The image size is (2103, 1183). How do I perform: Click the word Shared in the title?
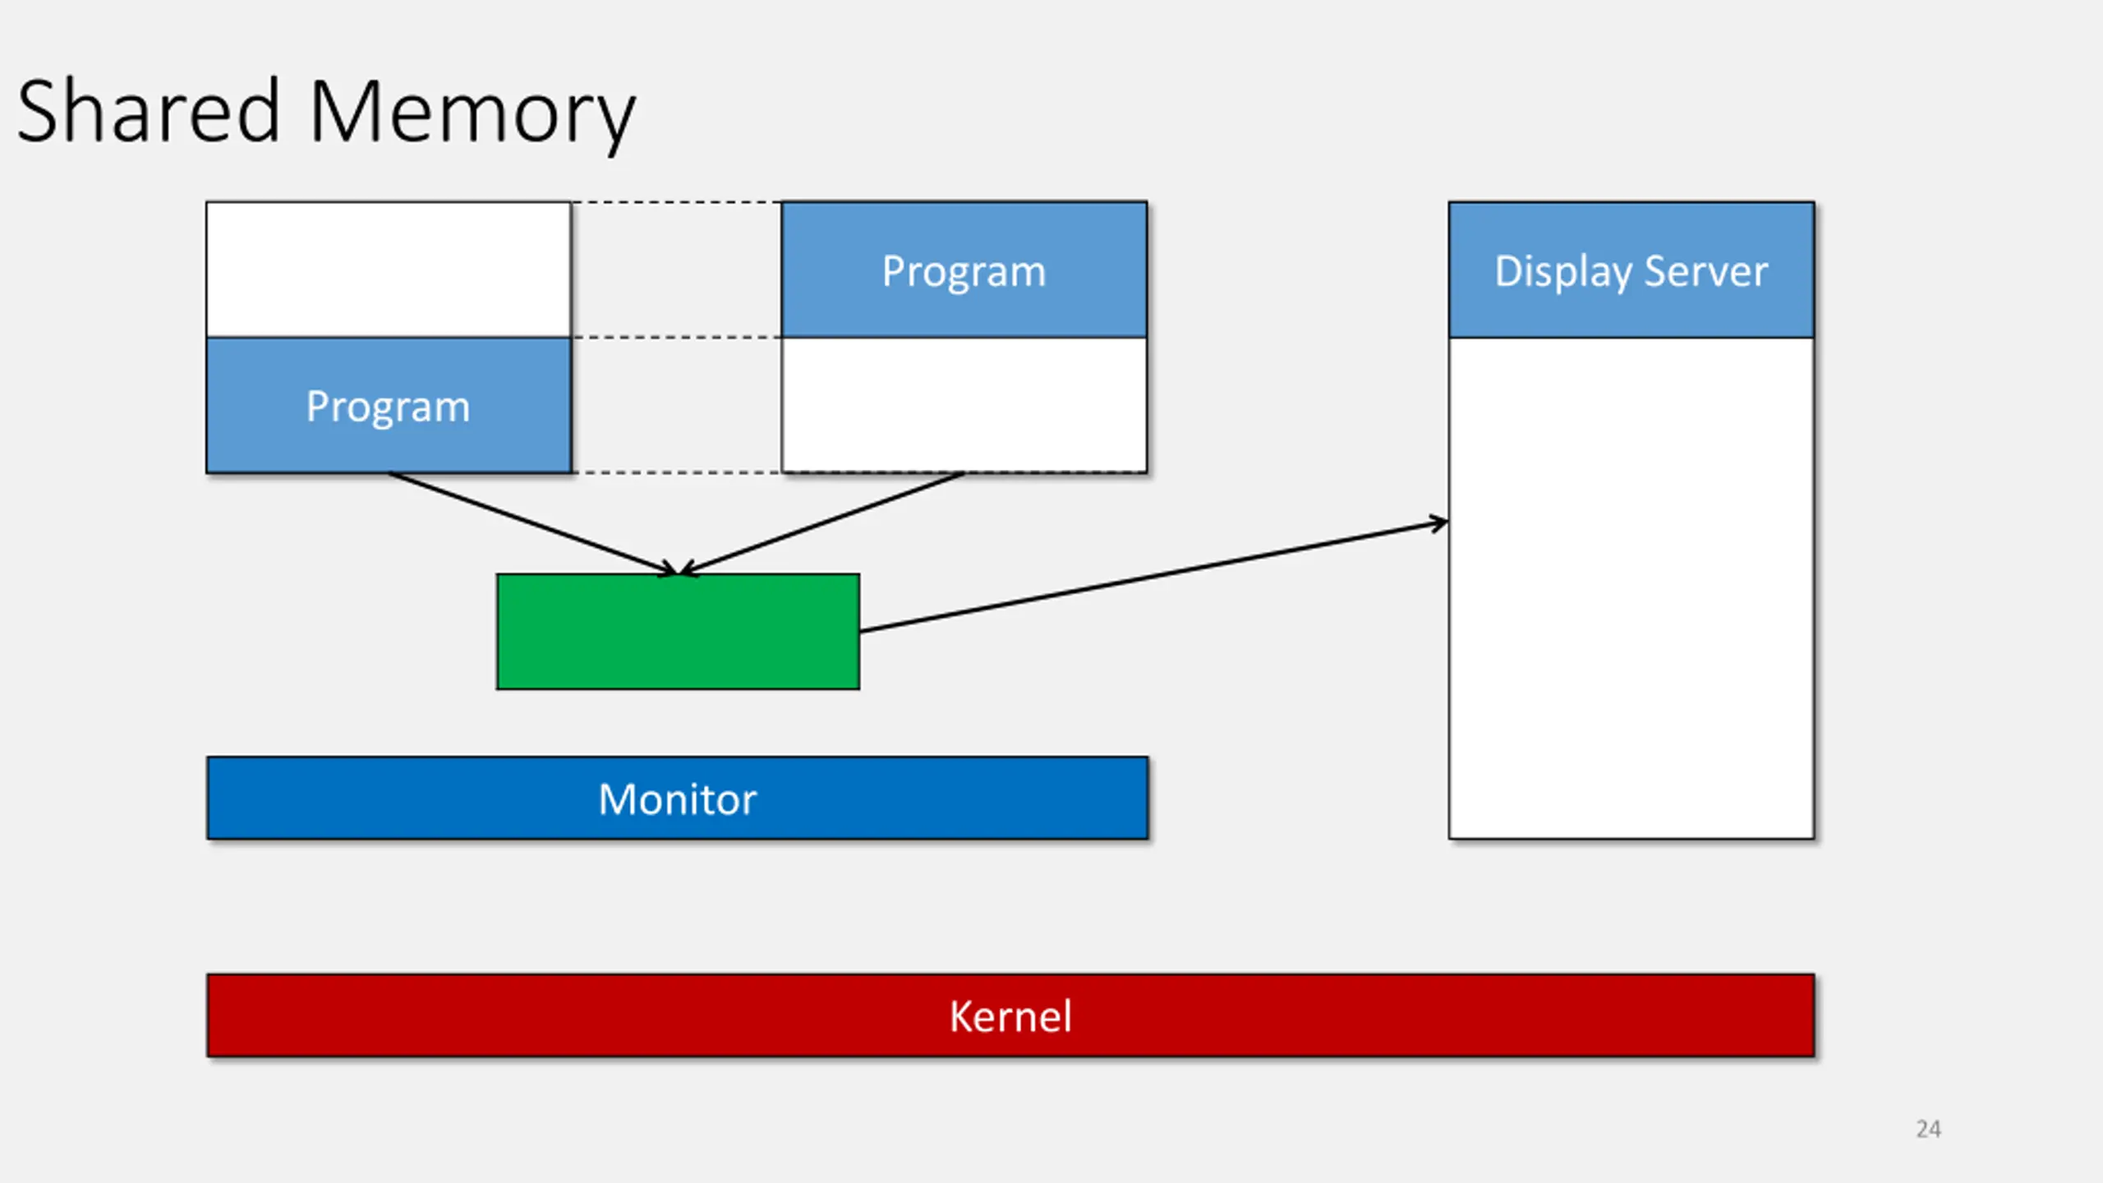[149, 111]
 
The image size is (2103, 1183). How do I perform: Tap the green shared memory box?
[678, 631]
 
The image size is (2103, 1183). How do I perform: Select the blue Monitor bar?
[678, 798]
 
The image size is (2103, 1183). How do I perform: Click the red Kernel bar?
[1010, 1015]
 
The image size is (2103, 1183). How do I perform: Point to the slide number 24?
[1929, 1129]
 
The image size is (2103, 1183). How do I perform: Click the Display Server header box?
[1631, 269]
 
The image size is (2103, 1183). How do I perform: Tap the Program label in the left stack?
[388, 406]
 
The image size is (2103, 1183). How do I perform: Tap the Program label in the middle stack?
[964, 271]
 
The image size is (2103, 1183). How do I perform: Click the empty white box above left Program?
[389, 269]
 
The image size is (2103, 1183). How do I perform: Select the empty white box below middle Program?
[964, 405]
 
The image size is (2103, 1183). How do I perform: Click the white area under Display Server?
[1631, 588]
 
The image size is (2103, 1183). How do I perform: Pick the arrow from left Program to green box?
[533, 523]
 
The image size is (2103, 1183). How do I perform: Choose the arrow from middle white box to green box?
[821, 523]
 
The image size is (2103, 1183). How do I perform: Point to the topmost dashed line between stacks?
[676, 202]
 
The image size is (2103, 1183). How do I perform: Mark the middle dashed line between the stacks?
[676, 337]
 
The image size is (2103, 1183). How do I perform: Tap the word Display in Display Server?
[1562, 272]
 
